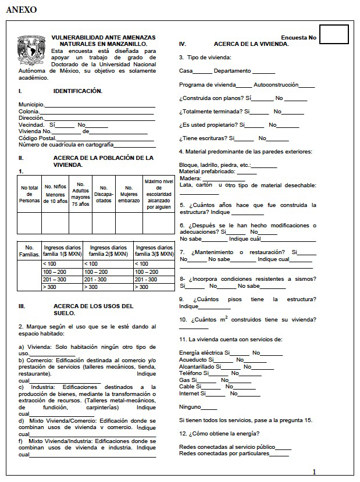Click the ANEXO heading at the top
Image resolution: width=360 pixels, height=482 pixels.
pyautogui.click(x=21, y=9)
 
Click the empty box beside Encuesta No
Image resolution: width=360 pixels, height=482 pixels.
pyautogui.click(x=334, y=34)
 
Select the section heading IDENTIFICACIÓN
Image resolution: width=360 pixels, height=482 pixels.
pyautogui.click(x=78, y=91)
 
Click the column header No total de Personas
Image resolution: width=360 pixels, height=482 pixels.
pyautogui.click(x=29, y=194)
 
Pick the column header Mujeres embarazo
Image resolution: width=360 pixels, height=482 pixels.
pyautogui.click(x=129, y=194)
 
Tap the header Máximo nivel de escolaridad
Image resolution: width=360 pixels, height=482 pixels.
pyautogui.click(x=159, y=194)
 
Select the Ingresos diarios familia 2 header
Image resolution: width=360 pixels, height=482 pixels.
pyautogui.click(x=108, y=251)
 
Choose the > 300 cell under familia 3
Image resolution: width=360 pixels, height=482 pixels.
pyautogui.click(x=154, y=287)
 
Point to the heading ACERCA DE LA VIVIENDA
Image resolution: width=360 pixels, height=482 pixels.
pyautogui.click(x=251, y=44)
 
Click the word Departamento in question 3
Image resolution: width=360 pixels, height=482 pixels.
pyautogui.click(x=232, y=71)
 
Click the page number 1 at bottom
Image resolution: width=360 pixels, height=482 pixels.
pyautogui.click(x=314, y=472)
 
